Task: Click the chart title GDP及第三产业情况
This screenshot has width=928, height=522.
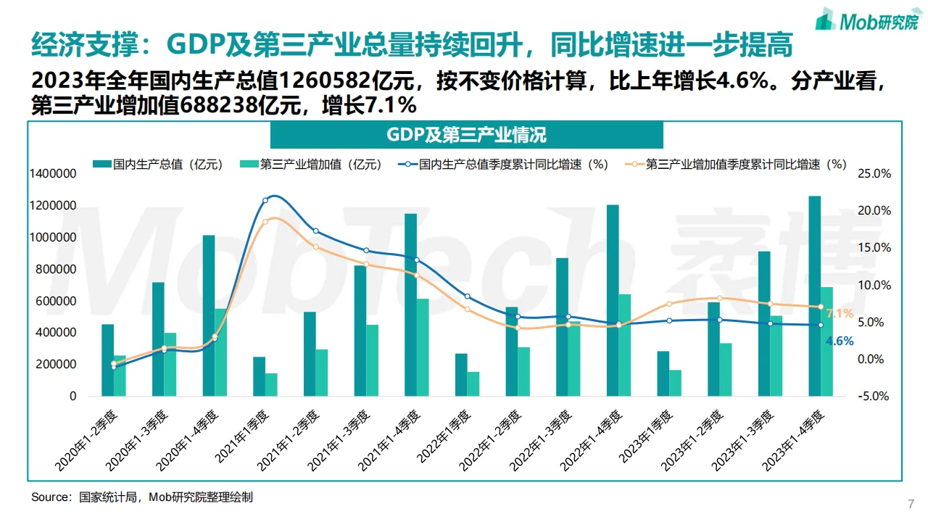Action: coord(466,135)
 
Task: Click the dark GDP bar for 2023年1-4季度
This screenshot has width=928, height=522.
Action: coord(814,297)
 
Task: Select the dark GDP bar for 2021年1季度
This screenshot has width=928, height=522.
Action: coord(259,376)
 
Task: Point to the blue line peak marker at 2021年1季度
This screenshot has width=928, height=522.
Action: coord(265,200)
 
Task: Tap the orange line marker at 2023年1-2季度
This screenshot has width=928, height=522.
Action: coord(719,298)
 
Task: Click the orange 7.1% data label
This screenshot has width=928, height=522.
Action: coord(840,314)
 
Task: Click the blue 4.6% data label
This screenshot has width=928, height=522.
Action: coord(840,341)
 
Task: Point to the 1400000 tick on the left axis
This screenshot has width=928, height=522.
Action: coord(53,174)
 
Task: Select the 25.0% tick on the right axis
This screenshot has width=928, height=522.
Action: coord(874,174)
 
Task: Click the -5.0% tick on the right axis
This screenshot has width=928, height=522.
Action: coord(874,397)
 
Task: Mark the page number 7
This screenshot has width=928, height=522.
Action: coord(911,504)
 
